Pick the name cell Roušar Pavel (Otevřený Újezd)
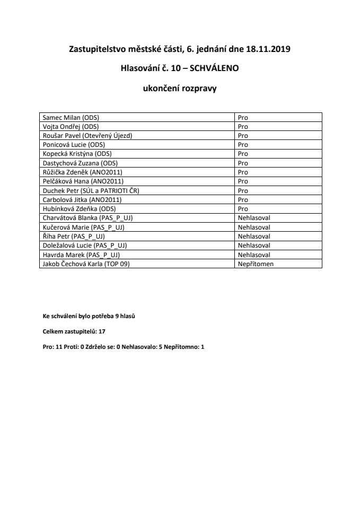pyautogui.click(x=87, y=136)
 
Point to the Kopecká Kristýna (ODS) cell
pyautogui.click(x=76, y=154)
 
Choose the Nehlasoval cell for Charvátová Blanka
pyautogui.click(x=254, y=218)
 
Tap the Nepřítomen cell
pyautogui.click(x=256, y=264)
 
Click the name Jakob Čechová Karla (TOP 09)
pyautogui.click(x=85, y=264)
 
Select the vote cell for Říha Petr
pyautogui.click(x=254, y=236)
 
